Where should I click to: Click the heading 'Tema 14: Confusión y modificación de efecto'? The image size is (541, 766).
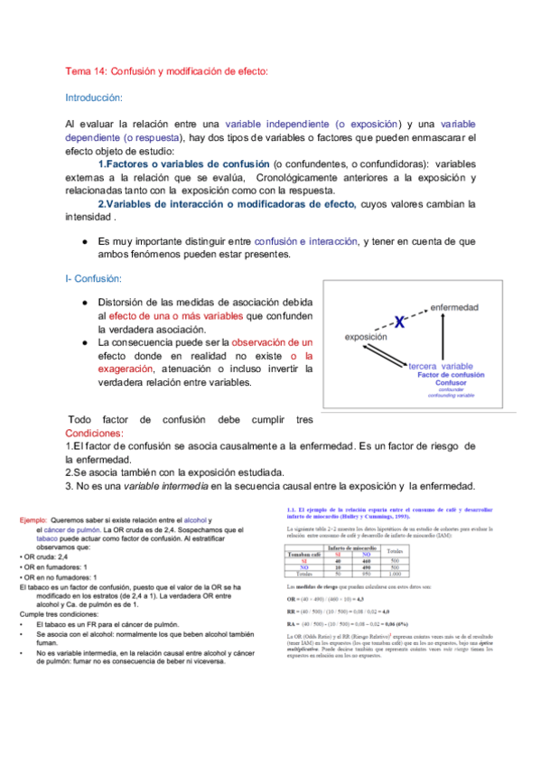click(167, 71)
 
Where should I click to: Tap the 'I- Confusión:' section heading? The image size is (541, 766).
click(97, 280)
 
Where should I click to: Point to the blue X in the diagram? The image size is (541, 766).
click(398, 321)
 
